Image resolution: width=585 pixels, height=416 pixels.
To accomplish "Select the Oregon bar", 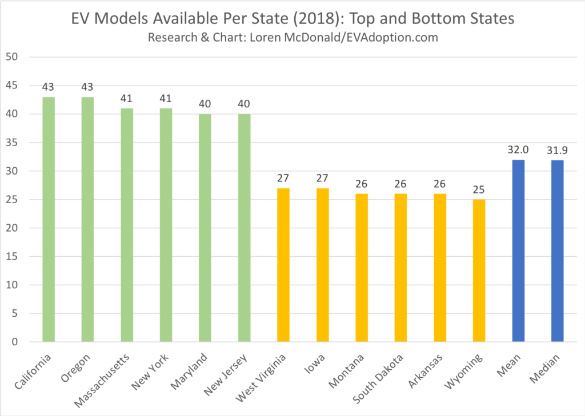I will tap(87, 220).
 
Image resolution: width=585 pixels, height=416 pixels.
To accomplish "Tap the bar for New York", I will tap(166, 225).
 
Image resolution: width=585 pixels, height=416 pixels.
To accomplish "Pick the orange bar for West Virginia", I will tap(283, 265).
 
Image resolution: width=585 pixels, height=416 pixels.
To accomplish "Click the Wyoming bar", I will tap(479, 271).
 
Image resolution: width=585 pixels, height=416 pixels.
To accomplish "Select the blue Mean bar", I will tap(518, 251).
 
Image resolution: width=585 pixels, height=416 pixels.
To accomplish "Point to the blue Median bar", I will tap(557, 251).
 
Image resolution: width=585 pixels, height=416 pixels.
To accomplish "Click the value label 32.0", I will tap(518, 150).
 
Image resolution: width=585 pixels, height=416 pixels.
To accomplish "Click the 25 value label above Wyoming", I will tap(479, 190).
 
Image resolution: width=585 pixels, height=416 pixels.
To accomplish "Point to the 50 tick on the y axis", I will tap(13, 57).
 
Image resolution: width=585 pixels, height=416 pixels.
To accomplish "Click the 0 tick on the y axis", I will tap(15, 342).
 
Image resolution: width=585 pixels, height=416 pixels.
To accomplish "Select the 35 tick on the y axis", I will tap(13, 143).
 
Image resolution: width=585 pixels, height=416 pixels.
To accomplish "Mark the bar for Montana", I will tap(362, 268).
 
